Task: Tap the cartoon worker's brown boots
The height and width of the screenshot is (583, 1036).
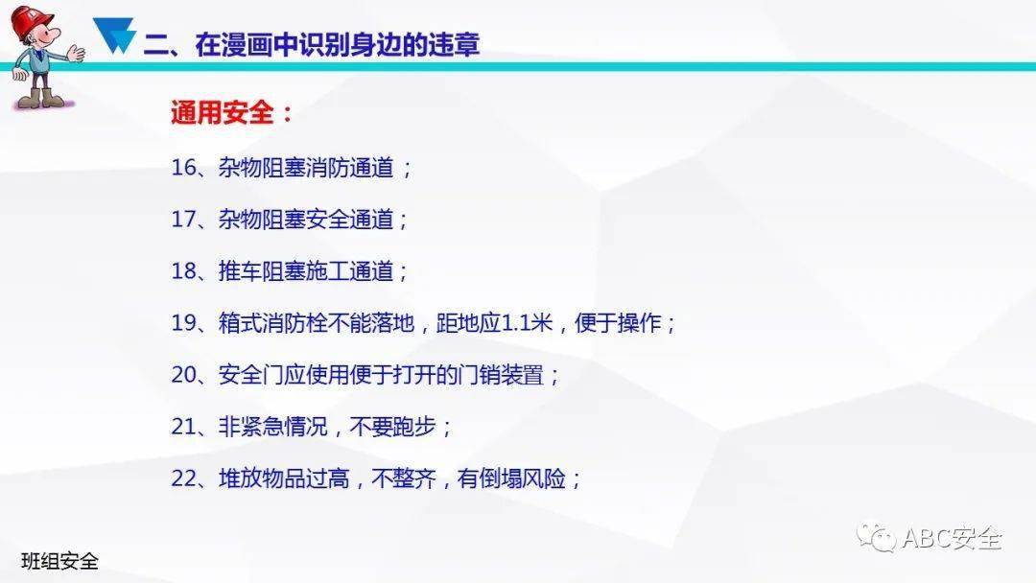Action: (x=41, y=99)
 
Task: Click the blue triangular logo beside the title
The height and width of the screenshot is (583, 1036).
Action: (x=114, y=35)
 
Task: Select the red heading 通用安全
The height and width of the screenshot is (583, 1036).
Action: (x=223, y=113)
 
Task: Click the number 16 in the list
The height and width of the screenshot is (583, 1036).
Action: (x=183, y=167)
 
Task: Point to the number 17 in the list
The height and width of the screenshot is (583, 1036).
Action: (x=183, y=219)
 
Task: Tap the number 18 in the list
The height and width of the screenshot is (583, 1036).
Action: (x=183, y=270)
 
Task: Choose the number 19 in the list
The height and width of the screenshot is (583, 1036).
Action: (x=183, y=322)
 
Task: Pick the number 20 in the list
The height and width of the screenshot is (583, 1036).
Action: (x=183, y=374)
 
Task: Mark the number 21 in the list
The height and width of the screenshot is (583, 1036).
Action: (x=183, y=427)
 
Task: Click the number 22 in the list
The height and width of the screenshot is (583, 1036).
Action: (x=183, y=478)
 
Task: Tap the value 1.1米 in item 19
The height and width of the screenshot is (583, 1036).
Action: (x=528, y=323)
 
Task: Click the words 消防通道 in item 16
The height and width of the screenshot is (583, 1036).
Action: (x=351, y=168)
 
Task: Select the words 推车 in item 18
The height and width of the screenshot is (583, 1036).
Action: (x=241, y=271)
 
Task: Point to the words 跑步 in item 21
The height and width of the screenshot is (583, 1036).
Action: (x=414, y=427)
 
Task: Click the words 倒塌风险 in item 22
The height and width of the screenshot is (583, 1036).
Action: (x=524, y=478)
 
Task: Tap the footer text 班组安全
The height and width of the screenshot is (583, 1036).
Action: (x=60, y=561)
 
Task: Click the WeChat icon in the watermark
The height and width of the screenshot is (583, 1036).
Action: (x=876, y=537)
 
